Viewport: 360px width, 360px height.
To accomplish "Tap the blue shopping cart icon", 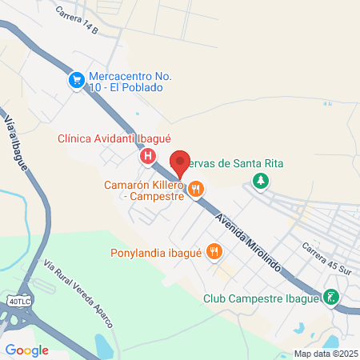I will pyautogui.click(x=77, y=80).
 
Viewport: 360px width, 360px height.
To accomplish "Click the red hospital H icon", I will pyautogui.click(x=148, y=157).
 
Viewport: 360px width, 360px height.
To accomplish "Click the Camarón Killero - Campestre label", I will pyautogui.click(x=145, y=190).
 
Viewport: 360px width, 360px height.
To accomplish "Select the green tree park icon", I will pyautogui.click(x=260, y=181).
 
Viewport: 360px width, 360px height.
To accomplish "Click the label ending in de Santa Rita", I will pyautogui.click(x=240, y=164).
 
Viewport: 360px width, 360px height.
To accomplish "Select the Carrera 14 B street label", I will pyautogui.click(x=78, y=20).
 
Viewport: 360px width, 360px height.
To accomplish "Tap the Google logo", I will pyautogui.click(x=27, y=350).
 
